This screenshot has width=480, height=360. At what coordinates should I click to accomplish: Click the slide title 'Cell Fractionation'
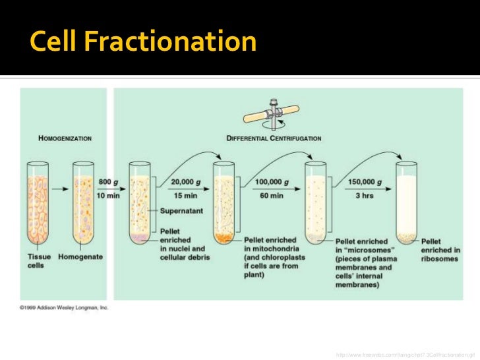[143, 42]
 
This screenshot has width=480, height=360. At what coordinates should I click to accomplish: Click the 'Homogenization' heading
[64, 138]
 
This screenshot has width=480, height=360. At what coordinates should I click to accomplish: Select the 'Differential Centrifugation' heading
[274, 138]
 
